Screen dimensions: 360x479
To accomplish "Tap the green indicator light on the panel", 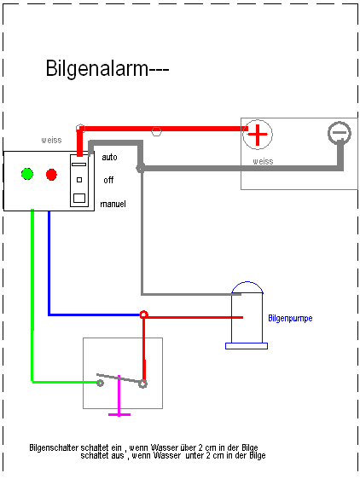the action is coord(27,174).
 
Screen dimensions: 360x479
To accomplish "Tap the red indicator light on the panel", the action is coord(51,175).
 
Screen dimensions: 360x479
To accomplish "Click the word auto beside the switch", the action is coord(109,158).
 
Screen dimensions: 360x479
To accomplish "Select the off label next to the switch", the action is coord(108,180).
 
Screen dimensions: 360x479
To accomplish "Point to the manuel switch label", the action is coord(113,204).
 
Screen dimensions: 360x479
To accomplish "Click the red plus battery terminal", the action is coord(258,135).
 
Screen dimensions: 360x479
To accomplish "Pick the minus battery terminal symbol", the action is coord(340,133).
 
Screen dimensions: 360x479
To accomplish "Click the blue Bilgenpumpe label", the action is coord(290,318).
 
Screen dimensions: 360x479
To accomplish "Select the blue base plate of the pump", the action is coord(247,346).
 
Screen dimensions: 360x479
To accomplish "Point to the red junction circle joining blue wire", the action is coord(144,315).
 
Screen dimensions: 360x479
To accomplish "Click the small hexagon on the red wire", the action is coord(156,131).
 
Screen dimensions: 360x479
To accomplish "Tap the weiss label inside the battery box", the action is coord(263,161).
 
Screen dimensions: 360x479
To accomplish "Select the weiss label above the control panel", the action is coord(51,140).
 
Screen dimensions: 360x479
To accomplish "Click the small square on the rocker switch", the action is coord(79,180).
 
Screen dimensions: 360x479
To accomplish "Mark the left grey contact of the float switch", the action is coord(100,383).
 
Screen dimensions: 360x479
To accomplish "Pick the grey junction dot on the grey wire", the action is coord(140,168).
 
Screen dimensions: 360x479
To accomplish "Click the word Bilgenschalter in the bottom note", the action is coord(54,447).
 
